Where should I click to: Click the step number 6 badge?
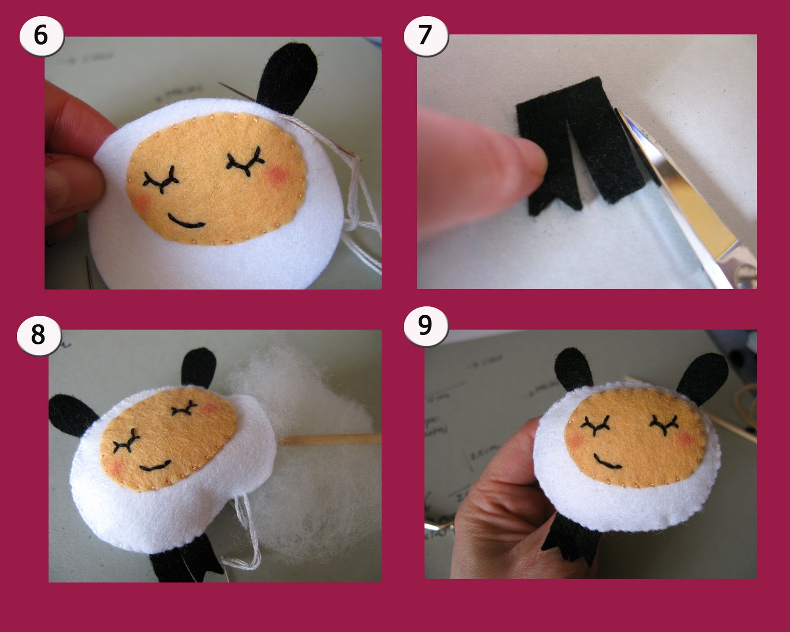(x=41, y=36)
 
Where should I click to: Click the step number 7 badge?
(x=426, y=35)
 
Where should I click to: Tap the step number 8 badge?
(x=39, y=335)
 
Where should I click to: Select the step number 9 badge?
(x=426, y=326)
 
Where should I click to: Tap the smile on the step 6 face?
(x=186, y=222)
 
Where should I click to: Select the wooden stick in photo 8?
(x=331, y=439)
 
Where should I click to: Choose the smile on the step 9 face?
(x=606, y=463)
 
